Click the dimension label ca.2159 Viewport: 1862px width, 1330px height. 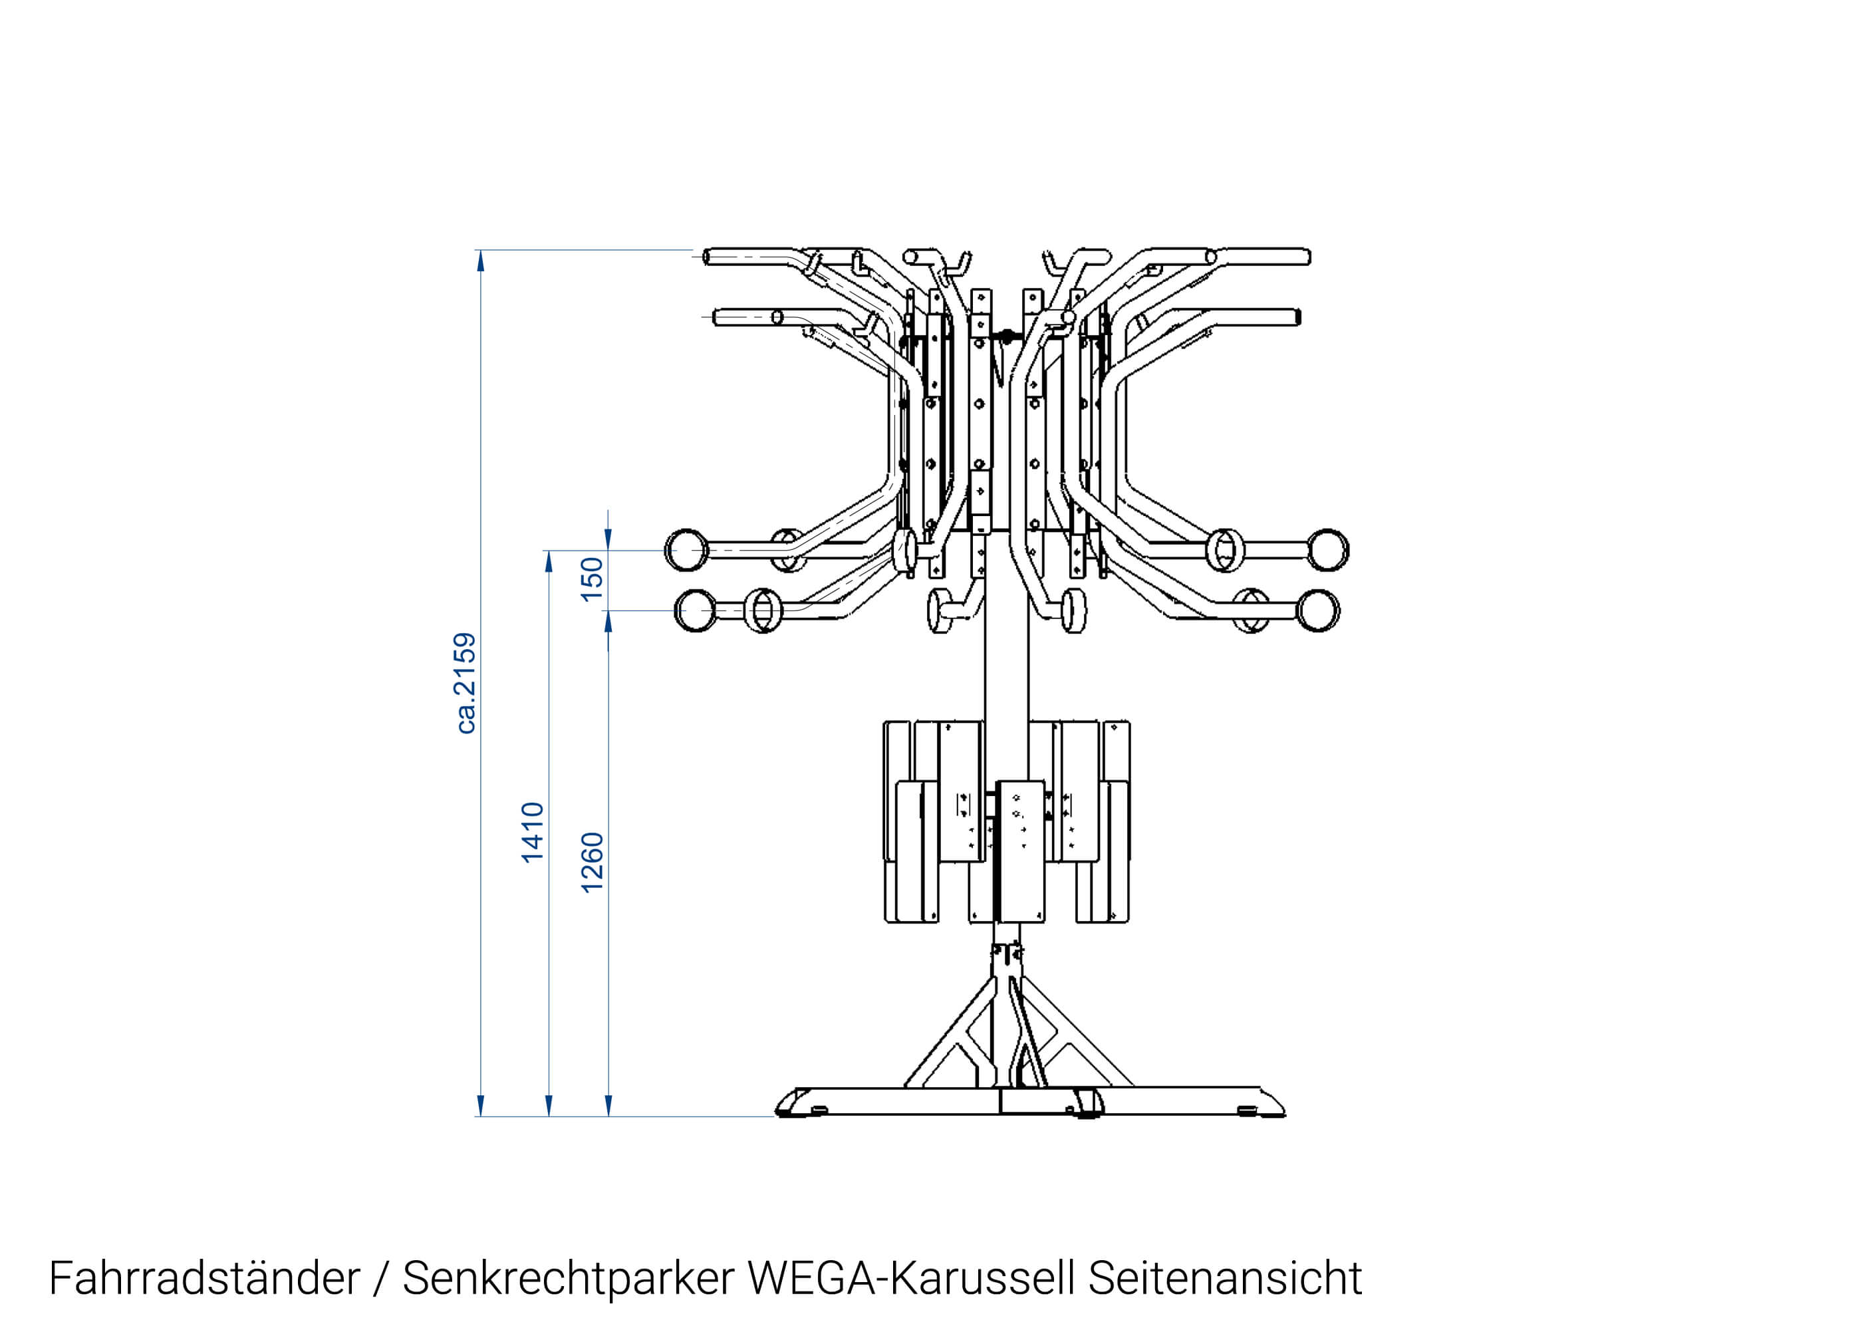465,682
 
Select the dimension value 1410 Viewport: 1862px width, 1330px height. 532,831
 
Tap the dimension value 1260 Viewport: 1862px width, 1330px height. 592,862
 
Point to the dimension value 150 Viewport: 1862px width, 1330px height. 592,579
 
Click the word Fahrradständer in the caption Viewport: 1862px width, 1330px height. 204,1278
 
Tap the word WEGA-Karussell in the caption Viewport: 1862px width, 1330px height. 910,1278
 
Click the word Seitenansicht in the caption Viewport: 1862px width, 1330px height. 1224,1278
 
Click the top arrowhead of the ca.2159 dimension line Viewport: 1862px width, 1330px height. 481,261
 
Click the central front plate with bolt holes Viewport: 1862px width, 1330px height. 1019,851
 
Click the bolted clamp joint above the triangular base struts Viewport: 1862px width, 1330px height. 1006,956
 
